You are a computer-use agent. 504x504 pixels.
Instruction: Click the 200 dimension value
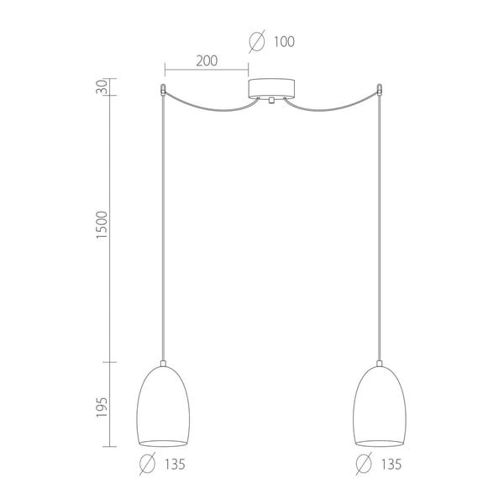pyautogui.click(x=207, y=60)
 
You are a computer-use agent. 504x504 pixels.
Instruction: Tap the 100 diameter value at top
pyautogui.click(x=284, y=42)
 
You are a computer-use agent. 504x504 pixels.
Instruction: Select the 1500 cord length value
pyautogui.click(x=102, y=224)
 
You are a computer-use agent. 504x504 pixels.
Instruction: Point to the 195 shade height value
pyautogui.click(x=102, y=407)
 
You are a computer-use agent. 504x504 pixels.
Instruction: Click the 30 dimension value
pyautogui.click(x=102, y=87)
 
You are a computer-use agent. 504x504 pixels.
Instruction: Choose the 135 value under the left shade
pyautogui.click(x=175, y=465)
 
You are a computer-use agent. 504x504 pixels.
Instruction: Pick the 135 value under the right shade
pyautogui.click(x=391, y=465)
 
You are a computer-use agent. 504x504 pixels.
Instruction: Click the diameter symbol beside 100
pyautogui.click(x=257, y=41)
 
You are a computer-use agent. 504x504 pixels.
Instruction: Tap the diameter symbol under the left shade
pyautogui.click(x=148, y=464)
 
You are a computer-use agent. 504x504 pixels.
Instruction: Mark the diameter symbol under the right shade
pyautogui.click(x=364, y=464)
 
